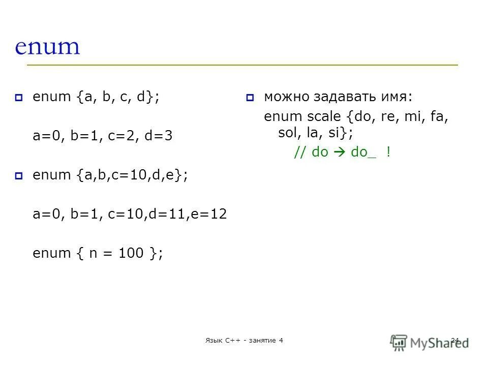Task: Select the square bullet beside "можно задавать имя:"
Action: coord(250,98)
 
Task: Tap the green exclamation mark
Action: coord(388,152)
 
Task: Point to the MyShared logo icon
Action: coord(399,342)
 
